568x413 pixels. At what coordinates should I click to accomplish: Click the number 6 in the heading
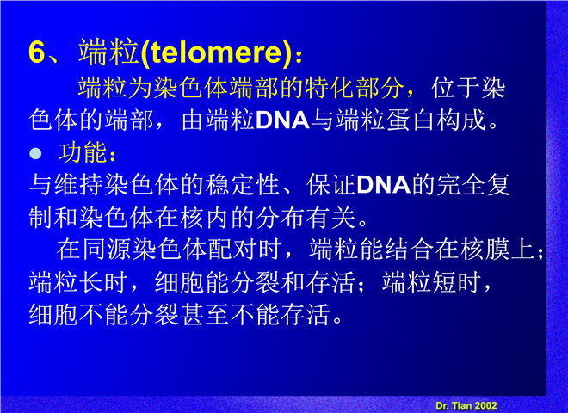point(37,52)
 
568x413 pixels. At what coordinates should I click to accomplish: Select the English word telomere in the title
point(216,52)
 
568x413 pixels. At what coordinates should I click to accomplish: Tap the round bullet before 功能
point(35,154)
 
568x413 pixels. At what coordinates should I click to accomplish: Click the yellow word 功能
point(83,152)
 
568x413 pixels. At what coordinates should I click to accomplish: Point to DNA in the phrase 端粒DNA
point(282,120)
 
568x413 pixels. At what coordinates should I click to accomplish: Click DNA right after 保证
point(384,185)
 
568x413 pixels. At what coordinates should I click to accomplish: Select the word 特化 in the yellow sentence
point(330,88)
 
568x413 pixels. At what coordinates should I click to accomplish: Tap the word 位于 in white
point(455,88)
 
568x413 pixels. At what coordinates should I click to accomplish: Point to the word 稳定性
point(242,185)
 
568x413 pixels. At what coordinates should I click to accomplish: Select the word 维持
point(79,185)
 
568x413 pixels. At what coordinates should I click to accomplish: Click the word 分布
point(280,218)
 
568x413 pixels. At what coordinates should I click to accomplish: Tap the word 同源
point(107,250)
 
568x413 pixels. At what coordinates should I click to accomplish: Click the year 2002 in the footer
point(485,405)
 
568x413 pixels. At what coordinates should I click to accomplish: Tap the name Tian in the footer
point(461,405)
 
